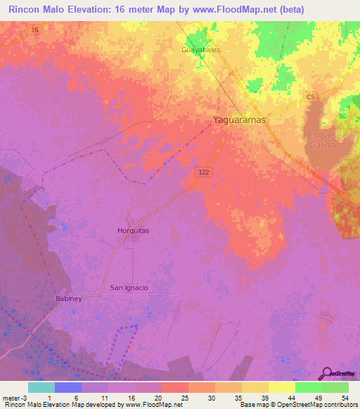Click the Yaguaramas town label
239,120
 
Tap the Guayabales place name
201,51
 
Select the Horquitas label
133,230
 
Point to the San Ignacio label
129,287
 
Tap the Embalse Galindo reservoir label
323,139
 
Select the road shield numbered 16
34,30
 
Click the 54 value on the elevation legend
344,398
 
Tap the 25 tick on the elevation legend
184,398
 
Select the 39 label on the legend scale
264,398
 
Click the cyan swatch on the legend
41,387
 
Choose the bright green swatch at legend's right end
335,387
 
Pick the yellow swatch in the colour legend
282,387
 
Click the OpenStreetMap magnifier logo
327,373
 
